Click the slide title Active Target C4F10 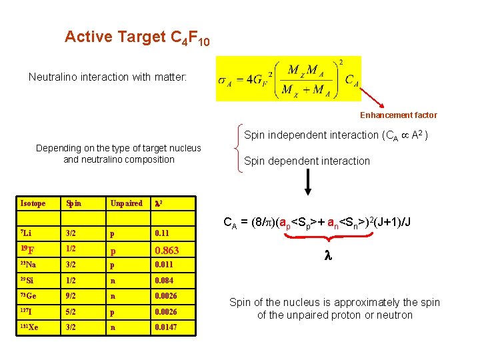137,37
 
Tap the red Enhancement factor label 399,115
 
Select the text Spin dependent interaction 307,161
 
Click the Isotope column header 33,203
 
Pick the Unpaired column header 126,203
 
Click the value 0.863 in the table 167,251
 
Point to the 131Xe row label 30,327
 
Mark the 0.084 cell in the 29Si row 164,281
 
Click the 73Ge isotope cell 29,296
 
